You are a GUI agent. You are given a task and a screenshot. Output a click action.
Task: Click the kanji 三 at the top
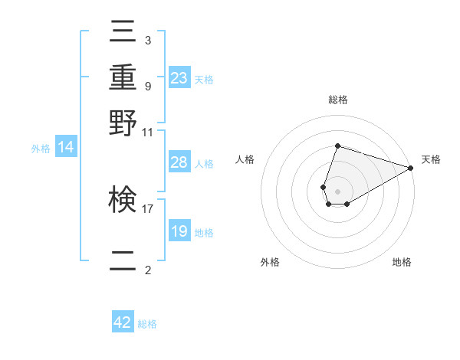(123, 33)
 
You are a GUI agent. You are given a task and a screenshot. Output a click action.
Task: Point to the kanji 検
(123, 200)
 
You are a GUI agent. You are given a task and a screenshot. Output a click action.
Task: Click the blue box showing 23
(179, 78)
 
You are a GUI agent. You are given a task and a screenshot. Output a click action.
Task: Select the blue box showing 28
(179, 162)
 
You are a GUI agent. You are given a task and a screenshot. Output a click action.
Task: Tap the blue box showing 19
(179, 231)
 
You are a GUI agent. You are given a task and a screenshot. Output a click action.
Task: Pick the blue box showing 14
(66, 148)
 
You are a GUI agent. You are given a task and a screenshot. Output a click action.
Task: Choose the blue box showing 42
(123, 322)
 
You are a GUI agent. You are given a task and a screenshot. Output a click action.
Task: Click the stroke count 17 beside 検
(148, 207)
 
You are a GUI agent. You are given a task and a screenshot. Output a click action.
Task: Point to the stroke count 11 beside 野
(148, 132)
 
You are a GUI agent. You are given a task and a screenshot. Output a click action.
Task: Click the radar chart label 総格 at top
(337, 100)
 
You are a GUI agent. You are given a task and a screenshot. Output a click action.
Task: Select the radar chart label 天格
(431, 159)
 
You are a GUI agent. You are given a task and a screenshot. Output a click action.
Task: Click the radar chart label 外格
(270, 262)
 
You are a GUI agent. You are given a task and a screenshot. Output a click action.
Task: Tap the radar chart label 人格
(245, 159)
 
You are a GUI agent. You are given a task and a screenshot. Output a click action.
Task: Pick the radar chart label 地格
(402, 262)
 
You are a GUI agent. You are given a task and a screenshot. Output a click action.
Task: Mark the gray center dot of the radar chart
(337, 190)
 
